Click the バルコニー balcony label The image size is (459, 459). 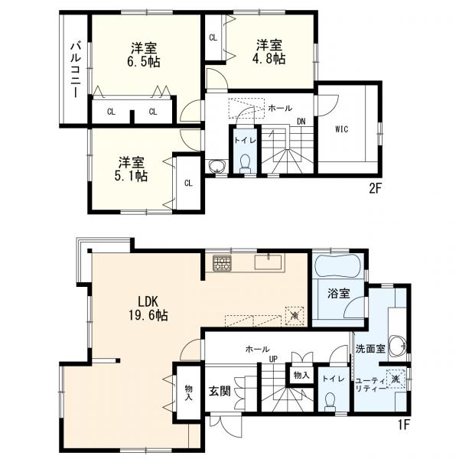(x=76, y=70)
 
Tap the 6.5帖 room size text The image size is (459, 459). (x=144, y=62)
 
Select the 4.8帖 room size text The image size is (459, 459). (x=269, y=60)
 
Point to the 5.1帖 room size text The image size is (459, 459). (x=132, y=176)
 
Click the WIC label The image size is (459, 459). (x=342, y=129)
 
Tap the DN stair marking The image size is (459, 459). (x=301, y=122)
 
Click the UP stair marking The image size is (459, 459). (x=273, y=359)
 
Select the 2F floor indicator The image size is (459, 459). (x=376, y=189)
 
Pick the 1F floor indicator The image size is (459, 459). (x=403, y=425)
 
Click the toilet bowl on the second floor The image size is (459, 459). (x=245, y=164)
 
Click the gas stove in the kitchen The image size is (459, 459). (x=222, y=262)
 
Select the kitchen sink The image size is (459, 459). (x=268, y=262)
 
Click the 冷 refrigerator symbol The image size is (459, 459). (x=295, y=316)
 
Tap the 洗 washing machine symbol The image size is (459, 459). (x=396, y=379)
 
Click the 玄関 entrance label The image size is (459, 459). (x=220, y=391)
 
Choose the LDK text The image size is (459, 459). (x=148, y=301)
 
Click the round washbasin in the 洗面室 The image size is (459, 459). (x=398, y=346)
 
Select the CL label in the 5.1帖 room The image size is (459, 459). (x=188, y=184)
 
